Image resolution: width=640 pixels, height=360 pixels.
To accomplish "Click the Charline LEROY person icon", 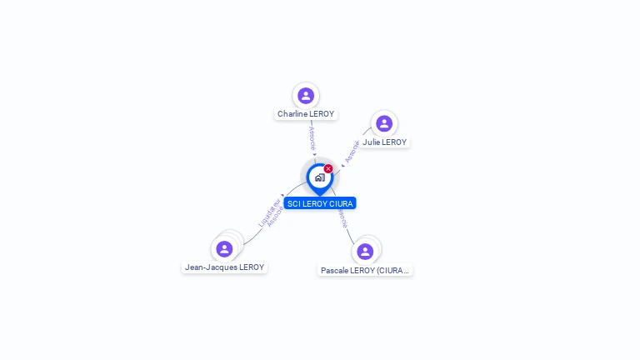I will click(306, 96).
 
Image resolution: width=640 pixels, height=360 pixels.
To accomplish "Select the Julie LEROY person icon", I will click(384, 124).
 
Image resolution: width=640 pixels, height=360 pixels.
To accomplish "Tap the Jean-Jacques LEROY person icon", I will click(224, 248).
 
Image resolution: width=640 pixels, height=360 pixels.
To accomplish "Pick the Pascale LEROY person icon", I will click(365, 251).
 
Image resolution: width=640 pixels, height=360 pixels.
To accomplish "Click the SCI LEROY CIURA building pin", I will click(319, 177).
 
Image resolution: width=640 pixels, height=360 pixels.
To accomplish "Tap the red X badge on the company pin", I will click(328, 169).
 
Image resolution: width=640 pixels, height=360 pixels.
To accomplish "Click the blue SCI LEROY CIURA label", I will click(320, 203).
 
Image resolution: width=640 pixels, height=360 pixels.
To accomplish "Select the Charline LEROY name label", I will click(306, 114).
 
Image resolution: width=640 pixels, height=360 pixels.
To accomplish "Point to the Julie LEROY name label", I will click(385, 142).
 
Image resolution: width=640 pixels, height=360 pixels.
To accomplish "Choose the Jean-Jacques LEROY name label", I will click(224, 267).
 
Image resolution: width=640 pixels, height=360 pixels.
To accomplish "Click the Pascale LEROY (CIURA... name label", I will click(366, 270).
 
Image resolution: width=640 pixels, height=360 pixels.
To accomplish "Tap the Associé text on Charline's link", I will click(312, 137).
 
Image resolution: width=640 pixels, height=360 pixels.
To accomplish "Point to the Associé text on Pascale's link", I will click(342, 218).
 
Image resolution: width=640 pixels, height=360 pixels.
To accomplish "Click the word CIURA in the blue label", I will click(342, 203).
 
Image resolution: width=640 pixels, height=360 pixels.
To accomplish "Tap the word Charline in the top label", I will click(293, 114).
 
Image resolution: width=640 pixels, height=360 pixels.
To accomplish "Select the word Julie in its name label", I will click(371, 142).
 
